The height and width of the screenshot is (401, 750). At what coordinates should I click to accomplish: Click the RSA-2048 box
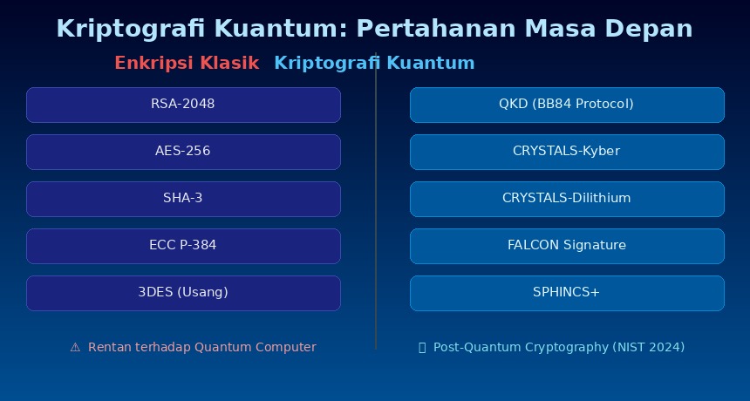(x=183, y=105)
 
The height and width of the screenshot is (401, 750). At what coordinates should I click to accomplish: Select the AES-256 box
(x=183, y=152)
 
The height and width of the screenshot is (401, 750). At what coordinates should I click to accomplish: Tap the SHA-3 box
(x=183, y=199)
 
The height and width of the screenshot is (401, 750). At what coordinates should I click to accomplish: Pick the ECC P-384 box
(x=183, y=246)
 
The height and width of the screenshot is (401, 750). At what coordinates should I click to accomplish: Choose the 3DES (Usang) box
(x=183, y=293)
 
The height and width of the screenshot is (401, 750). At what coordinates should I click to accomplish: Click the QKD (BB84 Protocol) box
(x=567, y=105)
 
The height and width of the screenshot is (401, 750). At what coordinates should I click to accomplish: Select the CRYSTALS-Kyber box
(x=567, y=152)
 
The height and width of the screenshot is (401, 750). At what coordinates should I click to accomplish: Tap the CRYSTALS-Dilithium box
(x=567, y=199)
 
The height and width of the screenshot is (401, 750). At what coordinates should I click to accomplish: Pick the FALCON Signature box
(x=567, y=246)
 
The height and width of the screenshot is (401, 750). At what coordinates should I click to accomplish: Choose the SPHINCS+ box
(x=567, y=293)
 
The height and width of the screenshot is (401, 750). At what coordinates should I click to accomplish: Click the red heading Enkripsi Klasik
(x=187, y=63)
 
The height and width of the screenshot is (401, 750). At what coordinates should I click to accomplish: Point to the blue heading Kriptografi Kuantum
(x=374, y=63)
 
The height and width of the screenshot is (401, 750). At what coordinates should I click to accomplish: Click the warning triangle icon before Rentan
(x=75, y=348)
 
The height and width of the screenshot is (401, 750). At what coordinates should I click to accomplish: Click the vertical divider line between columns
(x=376, y=200)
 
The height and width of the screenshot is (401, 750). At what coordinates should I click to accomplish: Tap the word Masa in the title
(x=561, y=29)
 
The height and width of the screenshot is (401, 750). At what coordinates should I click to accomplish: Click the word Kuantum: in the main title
(x=278, y=29)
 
